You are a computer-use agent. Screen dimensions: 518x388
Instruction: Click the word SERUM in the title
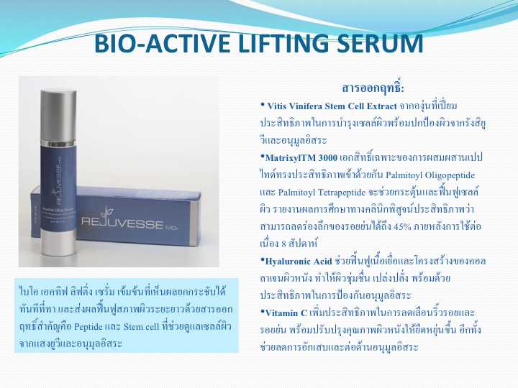coord(380,43)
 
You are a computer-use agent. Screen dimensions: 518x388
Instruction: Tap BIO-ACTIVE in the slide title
coord(162,43)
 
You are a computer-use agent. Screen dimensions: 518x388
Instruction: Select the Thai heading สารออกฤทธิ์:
coord(373,88)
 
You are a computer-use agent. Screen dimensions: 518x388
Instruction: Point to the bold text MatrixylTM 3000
coord(301,157)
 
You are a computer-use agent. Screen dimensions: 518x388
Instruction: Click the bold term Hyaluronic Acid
coord(299,262)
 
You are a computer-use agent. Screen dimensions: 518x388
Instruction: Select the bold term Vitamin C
coord(286,313)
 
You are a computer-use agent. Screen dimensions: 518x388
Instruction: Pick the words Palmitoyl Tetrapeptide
coord(322,193)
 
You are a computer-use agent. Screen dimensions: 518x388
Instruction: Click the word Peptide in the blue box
coord(88,327)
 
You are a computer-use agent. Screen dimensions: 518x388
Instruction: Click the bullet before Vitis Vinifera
coord(263,105)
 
